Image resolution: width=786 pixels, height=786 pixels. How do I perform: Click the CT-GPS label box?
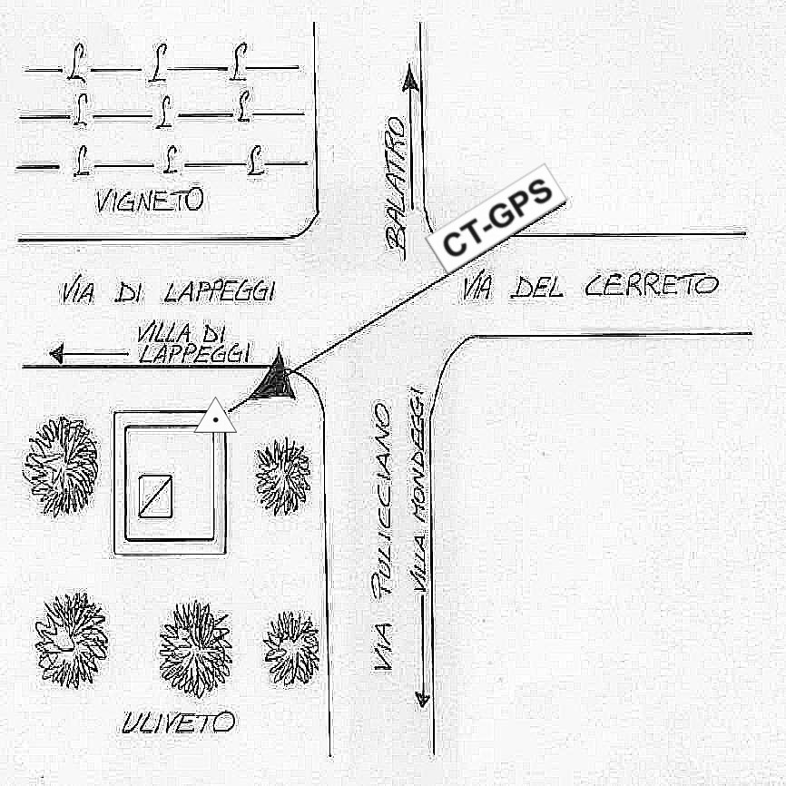click(496, 218)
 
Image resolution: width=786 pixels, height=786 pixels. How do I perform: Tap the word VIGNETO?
click(150, 201)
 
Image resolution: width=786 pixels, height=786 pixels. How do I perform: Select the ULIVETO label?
click(178, 722)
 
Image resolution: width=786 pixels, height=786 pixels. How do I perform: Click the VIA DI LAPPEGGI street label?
click(169, 292)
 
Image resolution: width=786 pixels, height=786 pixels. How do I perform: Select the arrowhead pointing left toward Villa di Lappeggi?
click(58, 353)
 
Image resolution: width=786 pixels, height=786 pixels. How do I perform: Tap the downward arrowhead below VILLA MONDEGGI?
click(421, 698)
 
